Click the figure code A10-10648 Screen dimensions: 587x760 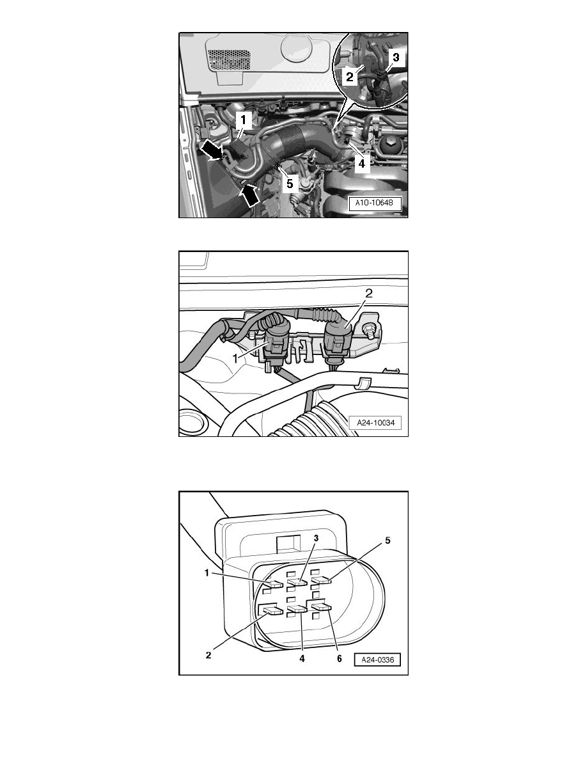pyautogui.click(x=375, y=203)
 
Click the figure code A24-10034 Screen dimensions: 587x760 pyautogui.click(x=375, y=423)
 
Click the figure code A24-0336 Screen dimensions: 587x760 pyautogui.click(x=377, y=660)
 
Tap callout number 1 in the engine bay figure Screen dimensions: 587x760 pyautogui.click(x=244, y=120)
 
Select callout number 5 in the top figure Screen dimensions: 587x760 pyautogui.click(x=290, y=184)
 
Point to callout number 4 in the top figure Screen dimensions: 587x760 pyautogui.click(x=361, y=164)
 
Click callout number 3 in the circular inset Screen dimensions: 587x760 pyautogui.click(x=396, y=58)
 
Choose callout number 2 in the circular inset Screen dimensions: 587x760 pyautogui.click(x=350, y=77)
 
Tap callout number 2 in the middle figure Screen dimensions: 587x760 pyautogui.click(x=368, y=293)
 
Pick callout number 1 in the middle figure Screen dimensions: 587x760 pyautogui.click(x=236, y=358)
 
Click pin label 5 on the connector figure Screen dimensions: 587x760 pyautogui.click(x=387, y=541)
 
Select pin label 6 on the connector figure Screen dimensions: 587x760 pyautogui.click(x=339, y=658)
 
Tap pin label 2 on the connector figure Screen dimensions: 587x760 pyautogui.click(x=208, y=655)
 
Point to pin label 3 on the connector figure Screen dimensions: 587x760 pyautogui.click(x=317, y=538)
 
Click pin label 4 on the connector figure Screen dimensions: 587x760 pyautogui.click(x=302, y=659)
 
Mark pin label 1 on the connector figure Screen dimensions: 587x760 pyautogui.click(x=207, y=573)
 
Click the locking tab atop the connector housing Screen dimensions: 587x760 pyautogui.click(x=286, y=543)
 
